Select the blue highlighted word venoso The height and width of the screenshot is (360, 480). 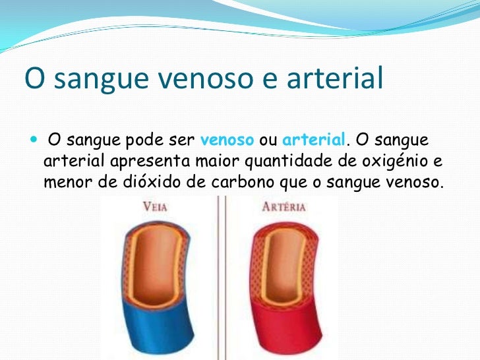[227, 140]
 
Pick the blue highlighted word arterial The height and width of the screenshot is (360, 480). [313, 140]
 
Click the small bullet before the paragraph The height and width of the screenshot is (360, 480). [34, 141]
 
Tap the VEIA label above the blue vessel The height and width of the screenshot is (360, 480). [156, 206]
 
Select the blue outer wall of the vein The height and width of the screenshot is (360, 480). [158, 330]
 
